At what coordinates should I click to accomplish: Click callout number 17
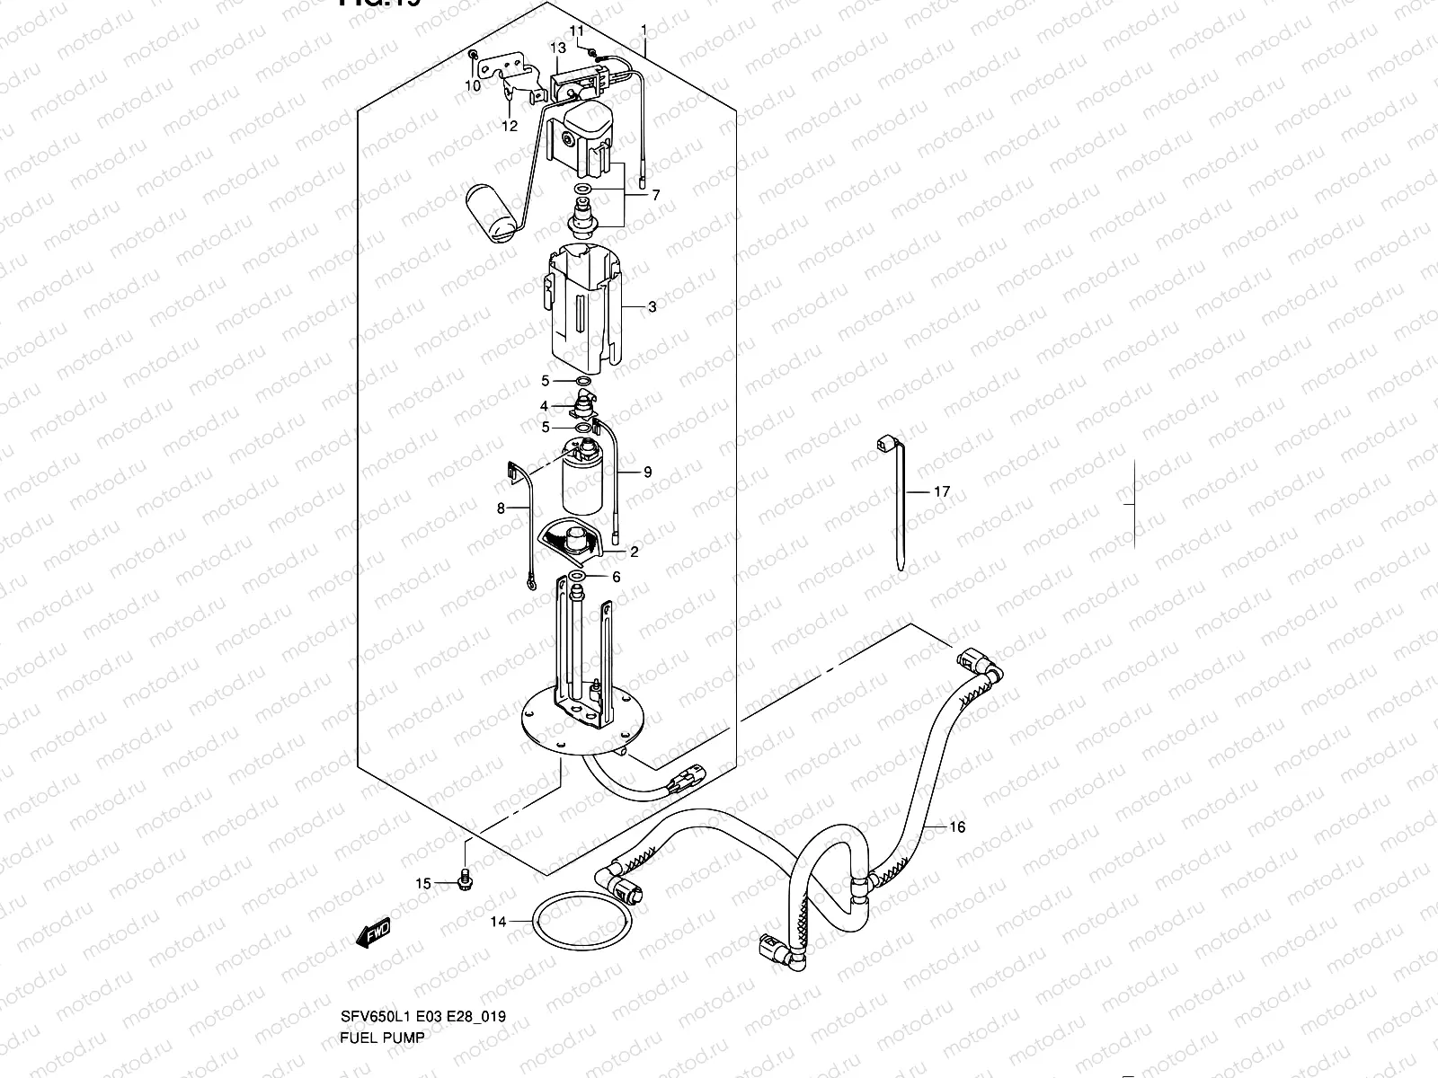[941, 492]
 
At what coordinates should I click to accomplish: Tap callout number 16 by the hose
[957, 827]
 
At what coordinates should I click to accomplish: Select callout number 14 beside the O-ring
[498, 922]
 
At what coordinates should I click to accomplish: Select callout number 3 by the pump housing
[652, 307]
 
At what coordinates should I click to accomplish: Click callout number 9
[647, 473]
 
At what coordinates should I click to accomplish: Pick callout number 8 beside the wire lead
[502, 508]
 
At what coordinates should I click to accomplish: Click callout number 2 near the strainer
[634, 552]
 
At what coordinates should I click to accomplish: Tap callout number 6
[616, 578]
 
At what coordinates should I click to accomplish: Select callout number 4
[544, 407]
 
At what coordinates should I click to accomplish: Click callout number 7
[655, 195]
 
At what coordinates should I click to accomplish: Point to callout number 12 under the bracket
[510, 127]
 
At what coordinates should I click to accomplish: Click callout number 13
[557, 48]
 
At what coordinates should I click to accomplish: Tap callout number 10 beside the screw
[473, 86]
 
